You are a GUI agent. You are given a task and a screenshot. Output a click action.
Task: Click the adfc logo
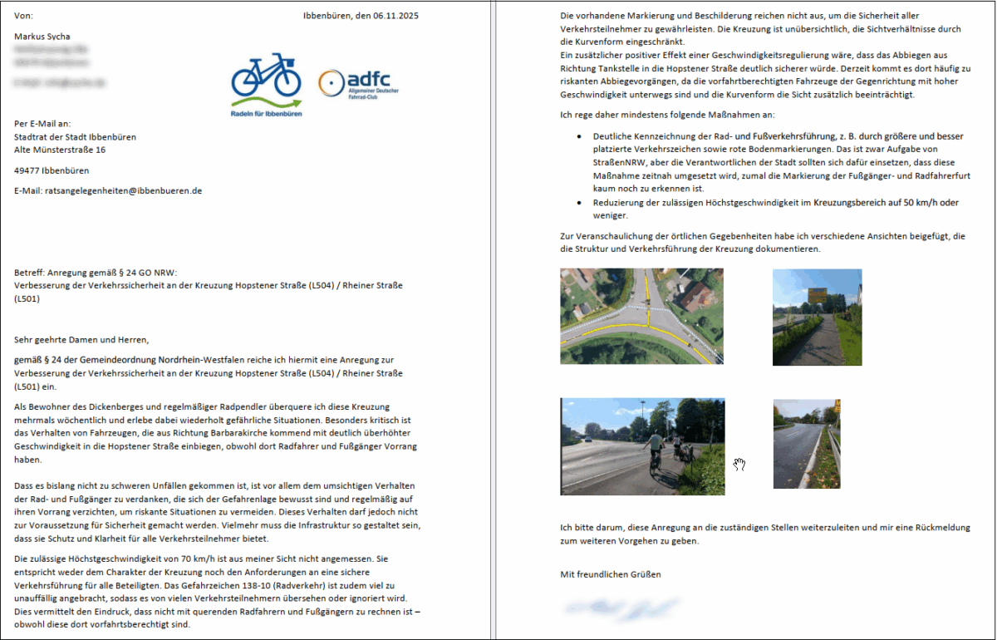tap(358, 83)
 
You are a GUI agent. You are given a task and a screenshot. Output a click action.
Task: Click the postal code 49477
tap(27, 170)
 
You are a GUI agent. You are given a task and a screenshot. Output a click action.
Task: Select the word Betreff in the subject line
tap(31, 273)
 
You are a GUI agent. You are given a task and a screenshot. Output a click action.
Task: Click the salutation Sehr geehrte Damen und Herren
tap(81, 339)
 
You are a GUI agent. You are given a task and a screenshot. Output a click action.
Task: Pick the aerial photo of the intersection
tap(641, 316)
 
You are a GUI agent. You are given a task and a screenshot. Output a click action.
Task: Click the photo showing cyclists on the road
tap(642, 446)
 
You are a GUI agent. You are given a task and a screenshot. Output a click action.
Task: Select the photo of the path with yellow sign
tap(817, 317)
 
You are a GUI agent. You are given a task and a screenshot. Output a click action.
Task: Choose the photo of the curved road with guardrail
tap(806, 443)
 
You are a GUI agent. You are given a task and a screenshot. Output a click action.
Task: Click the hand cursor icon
tap(739, 464)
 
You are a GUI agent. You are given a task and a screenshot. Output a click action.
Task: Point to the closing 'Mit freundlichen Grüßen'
tap(611, 574)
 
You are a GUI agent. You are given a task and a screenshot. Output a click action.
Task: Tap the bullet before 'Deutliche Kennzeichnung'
tap(579, 136)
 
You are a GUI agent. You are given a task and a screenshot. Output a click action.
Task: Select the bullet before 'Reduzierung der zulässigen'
tap(579, 203)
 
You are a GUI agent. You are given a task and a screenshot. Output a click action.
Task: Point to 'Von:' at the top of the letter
tap(24, 15)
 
